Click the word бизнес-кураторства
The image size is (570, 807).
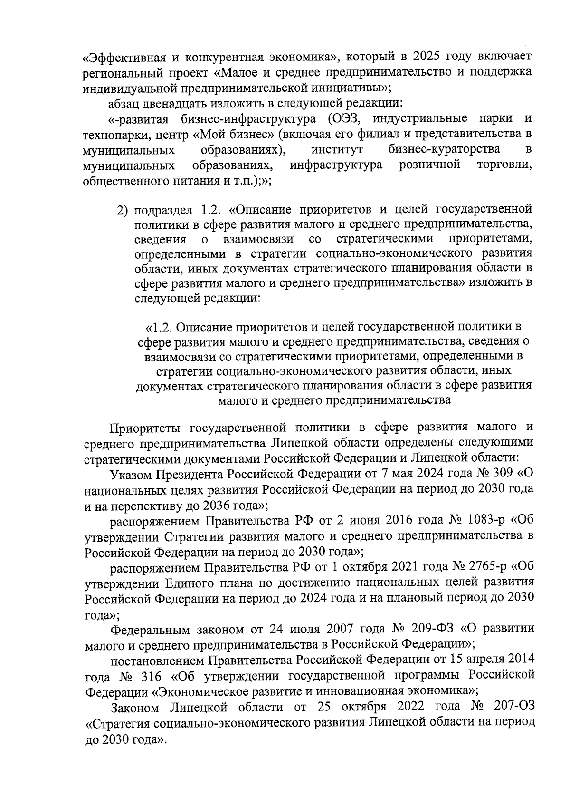point(444,149)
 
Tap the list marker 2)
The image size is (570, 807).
point(123,210)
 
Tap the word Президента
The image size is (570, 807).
point(190,474)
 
